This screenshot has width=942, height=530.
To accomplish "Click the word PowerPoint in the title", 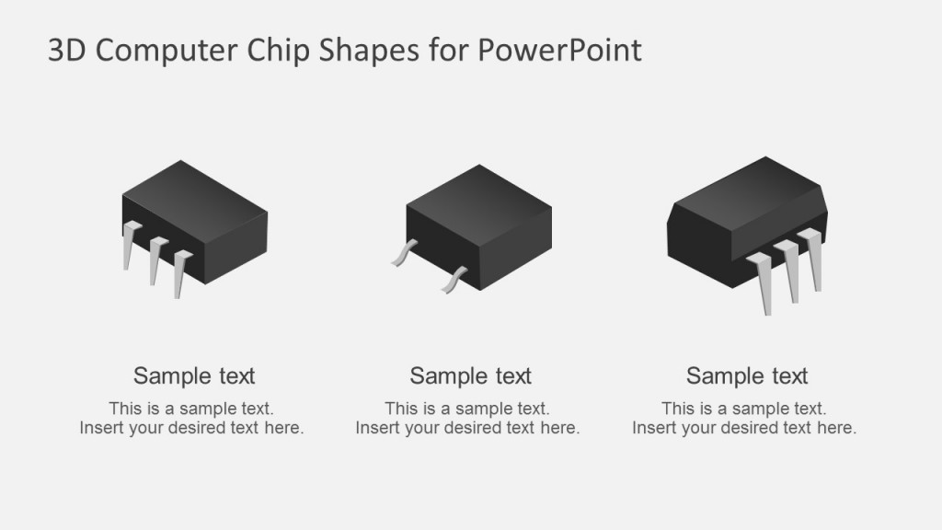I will click(558, 52).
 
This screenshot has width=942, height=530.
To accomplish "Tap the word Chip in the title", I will click(279, 52).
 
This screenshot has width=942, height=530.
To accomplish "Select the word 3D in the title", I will click(66, 52).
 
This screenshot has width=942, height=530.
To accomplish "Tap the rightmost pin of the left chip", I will click(180, 273).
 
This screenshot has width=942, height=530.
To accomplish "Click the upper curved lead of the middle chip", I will click(403, 253).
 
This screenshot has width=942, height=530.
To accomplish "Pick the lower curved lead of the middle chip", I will click(454, 281).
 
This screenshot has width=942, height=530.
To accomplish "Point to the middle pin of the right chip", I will click(789, 271).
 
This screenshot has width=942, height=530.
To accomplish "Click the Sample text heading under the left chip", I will click(194, 375).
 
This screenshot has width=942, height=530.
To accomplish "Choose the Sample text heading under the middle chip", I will click(470, 375).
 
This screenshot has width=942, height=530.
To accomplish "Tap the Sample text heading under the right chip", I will click(747, 375).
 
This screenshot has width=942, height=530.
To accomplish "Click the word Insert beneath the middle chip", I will click(375, 428).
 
